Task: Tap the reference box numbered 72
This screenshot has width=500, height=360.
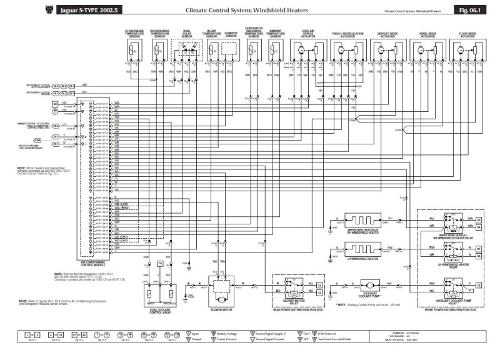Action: pos(478,285)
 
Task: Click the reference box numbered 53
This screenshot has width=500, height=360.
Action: pos(478,220)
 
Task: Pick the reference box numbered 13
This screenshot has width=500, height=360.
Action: pos(319,284)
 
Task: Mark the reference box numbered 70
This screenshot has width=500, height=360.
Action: pos(160,264)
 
